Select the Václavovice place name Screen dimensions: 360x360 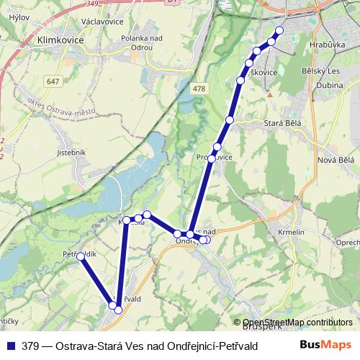(104, 22)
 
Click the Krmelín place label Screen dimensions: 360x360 (292, 233)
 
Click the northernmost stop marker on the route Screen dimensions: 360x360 (279, 30)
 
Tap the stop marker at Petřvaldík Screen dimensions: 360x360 (81, 256)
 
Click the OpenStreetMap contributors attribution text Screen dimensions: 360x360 (297, 323)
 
